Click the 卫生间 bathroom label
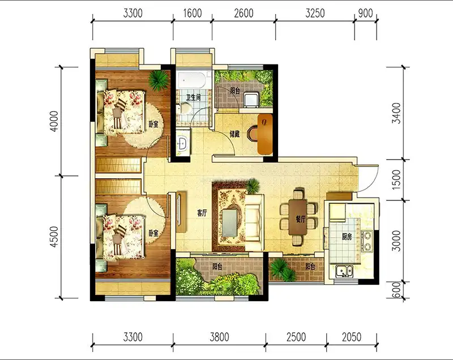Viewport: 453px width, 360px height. (x=193, y=97)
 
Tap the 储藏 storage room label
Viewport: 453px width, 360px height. (x=234, y=134)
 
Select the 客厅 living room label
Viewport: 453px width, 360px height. (x=202, y=213)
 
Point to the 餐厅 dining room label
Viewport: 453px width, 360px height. (x=301, y=220)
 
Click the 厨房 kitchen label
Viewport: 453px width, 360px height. (x=347, y=237)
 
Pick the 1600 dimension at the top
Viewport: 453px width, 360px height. (x=193, y=13)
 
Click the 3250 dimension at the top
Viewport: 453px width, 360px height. (x=315, y=13)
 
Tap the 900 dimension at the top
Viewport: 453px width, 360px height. (x=365, y=13)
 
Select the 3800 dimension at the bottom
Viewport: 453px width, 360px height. (x=219, y=337)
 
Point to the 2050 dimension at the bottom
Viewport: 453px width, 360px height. (x=352, y=337)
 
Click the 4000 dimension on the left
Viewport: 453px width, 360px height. (x=54, y=122)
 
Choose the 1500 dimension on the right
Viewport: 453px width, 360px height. (x=397, y=179)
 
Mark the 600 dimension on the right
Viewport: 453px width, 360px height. (x=397, y=290)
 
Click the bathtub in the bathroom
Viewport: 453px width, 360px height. (x=192, y=80)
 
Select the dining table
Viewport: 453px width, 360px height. (x=298, y=217)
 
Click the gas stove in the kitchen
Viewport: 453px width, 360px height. (x=366, y=241)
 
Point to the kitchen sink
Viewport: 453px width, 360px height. (x=344, y=271)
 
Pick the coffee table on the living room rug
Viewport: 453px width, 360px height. (x=230, y=222)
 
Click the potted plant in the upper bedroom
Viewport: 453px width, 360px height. (x=159, y=80)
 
